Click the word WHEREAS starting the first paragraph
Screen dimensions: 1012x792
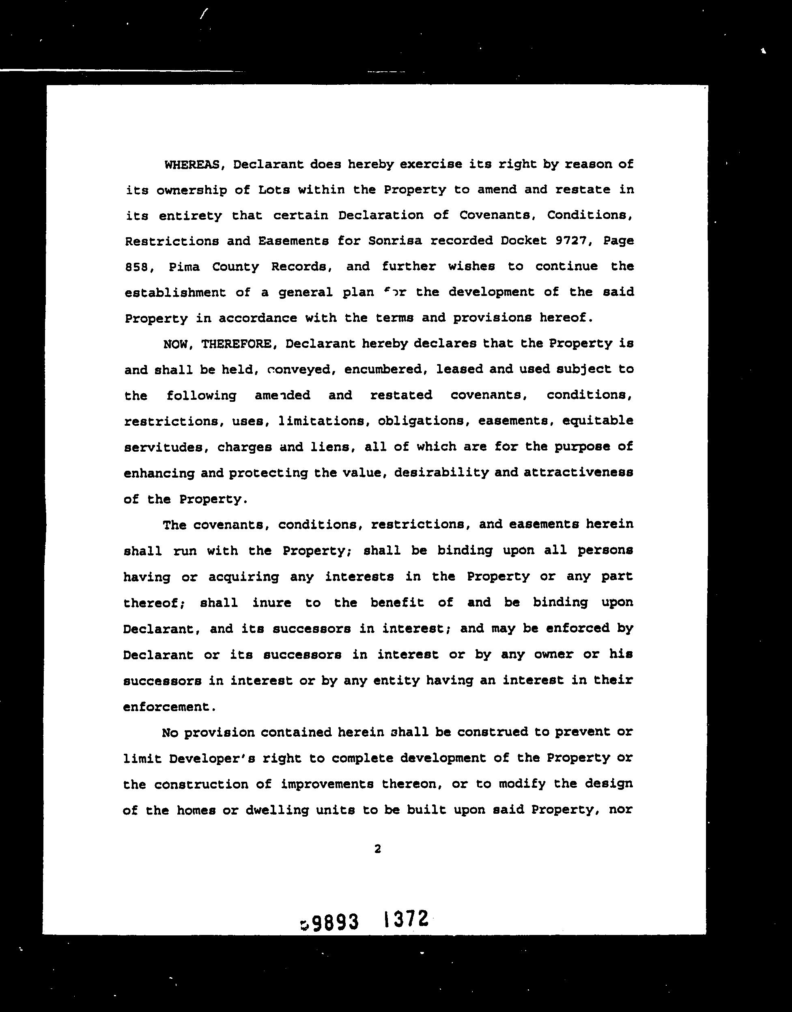click(192, 165)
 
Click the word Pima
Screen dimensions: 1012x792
click(185, 267)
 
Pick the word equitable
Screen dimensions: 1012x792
click(598, 421)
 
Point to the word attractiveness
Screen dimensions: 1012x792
click(578, 473)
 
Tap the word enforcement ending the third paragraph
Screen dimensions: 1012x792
click(166, 707)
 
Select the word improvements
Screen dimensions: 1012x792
click(327, 785)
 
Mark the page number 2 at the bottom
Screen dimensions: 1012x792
click(377, 849)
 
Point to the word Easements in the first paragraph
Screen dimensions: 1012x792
click(293, 241)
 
